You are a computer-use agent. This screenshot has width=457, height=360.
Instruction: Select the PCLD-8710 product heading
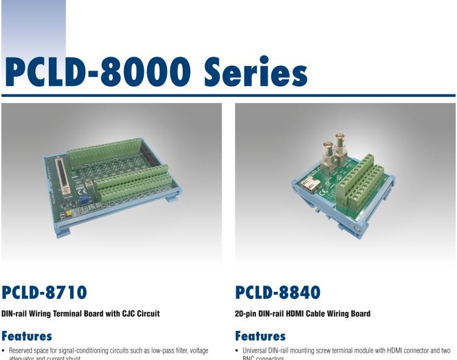pos(44,293)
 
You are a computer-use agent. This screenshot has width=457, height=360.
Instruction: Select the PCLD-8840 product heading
pos(277,293)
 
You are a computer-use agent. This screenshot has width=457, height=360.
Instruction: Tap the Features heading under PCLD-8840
pos(260,336)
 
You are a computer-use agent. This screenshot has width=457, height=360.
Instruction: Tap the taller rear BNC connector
pos(337,145)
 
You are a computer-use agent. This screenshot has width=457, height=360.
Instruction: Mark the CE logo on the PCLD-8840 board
pos(324,196)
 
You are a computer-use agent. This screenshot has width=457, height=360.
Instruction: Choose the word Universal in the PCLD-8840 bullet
pos(256,351)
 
